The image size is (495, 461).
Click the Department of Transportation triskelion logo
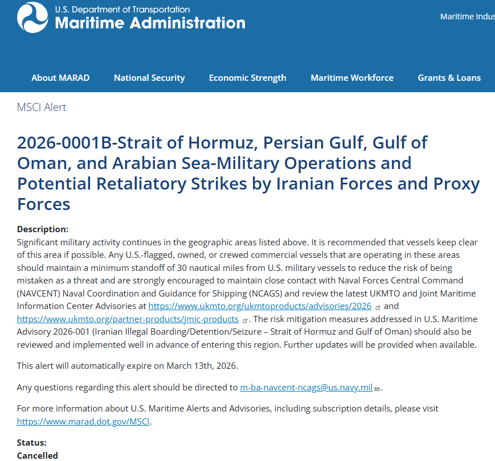coord(32,17)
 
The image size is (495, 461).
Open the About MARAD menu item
coord(60,78)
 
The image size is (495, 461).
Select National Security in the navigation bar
coord(149,78)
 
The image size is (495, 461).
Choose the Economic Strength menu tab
coord(247,78)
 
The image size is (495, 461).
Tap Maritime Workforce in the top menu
coord(352,78)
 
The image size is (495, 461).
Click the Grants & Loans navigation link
coord(449,78)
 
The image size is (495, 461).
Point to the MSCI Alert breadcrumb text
coord(42,108)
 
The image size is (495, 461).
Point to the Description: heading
coord(43,229)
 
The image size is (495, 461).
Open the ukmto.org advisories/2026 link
coord(260,306)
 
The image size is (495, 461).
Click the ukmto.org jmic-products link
coord(128,319)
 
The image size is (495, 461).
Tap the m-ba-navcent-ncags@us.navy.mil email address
coord(306,388)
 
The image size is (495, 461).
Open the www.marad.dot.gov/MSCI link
coord(84,422)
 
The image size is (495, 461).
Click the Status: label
coord(32,443)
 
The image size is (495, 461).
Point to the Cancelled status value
coord(38,455)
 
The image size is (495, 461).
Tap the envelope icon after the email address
coord(377,389)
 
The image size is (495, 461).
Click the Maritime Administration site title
coord(150,23)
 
